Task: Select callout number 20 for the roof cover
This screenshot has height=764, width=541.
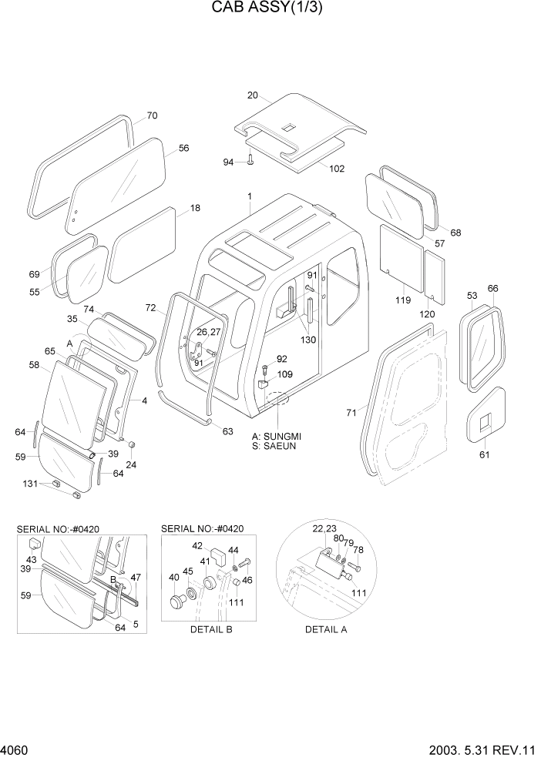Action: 252,95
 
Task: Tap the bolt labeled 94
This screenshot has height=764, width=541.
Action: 251,161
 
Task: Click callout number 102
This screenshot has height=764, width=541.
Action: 337,169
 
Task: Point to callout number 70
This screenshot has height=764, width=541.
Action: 152,116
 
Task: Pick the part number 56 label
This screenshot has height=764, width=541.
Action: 183,149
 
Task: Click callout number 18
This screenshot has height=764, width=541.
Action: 195,208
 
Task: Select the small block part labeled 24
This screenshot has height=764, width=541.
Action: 132,445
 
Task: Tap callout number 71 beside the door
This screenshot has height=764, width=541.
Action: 351,414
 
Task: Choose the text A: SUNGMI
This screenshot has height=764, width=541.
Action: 277,436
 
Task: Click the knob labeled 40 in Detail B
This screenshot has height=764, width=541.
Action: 178,598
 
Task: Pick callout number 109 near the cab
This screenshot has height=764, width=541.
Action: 285,374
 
